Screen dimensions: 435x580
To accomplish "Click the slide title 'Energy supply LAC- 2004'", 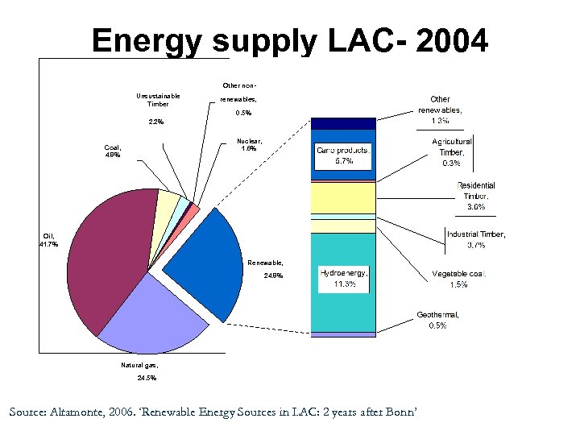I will pyautogui.click(x=289, y=40).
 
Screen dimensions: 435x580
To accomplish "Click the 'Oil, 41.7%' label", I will pyautogui.click(x=49, y=239).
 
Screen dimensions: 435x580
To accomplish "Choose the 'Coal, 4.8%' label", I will pyautogui.click(x=112, y=151).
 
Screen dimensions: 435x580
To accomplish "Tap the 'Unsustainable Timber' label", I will pyautogui.click(x=158, y=100).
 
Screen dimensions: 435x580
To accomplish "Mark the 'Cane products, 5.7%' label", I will pyautogui.click(x=343, y=155).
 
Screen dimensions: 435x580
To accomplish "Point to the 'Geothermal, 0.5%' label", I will pyautogui.click(x=437, y=320).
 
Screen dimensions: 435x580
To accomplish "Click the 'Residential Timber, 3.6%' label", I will pyautogui.click(x=475, y=196).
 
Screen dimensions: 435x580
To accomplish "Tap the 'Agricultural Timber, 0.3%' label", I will pyautogui.click(x=451, y=152).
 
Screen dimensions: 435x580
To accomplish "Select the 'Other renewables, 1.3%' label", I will pyautogui.click(x=440, y=110).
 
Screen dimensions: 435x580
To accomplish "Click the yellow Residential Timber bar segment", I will pyautogui.click(x=343, y=198).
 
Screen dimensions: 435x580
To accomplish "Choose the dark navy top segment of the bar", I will pyautogui.click(x=343, y=122).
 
